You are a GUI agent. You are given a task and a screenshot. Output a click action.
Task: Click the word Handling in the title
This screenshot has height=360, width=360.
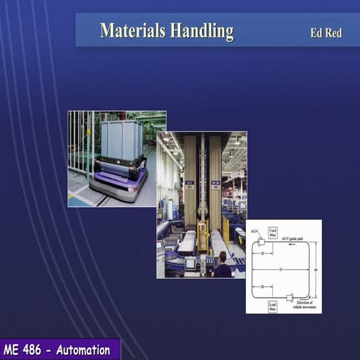[201, 31]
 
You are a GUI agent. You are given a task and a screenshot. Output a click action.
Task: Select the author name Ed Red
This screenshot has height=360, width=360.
[325, 33]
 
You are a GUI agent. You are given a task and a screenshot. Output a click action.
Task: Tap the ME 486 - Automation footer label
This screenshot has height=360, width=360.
[56, 349]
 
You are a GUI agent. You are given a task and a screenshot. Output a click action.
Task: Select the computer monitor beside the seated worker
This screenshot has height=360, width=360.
[190, 262]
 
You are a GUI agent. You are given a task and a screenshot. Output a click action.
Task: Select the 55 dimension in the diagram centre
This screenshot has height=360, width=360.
[281, 268]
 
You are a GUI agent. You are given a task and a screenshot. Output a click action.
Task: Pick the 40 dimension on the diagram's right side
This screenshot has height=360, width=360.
[315, 270]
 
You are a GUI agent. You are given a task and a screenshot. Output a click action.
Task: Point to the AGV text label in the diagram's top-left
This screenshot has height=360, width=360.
[254, 232]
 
